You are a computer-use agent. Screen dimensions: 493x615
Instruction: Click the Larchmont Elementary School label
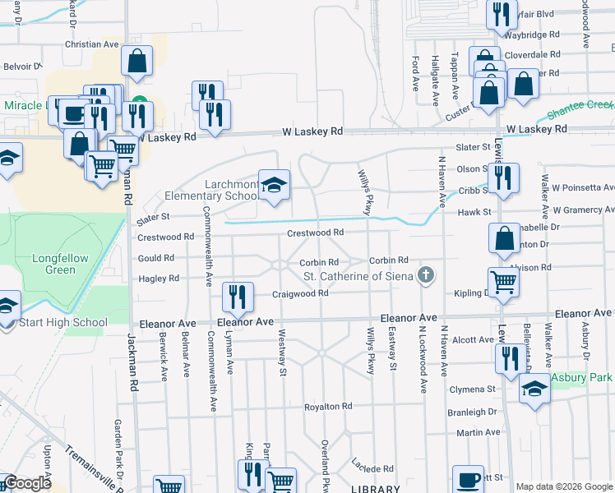coord(210,190)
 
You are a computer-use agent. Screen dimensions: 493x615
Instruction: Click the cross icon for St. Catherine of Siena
coord(425,274)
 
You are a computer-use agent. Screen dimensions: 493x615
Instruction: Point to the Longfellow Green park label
coord(60,264)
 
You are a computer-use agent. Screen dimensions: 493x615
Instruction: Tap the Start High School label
coord(62,322)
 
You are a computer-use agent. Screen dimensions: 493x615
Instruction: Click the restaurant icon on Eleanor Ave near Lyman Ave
coord(237,297)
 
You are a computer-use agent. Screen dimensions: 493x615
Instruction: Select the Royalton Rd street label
coord(328,406)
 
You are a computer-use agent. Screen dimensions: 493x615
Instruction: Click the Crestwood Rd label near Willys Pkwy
coord(315,233)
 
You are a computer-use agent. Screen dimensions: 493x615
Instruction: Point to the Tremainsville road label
coord(91,464)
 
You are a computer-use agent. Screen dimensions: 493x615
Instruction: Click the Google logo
coord(26,483)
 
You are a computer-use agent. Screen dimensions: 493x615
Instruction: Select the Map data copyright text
coord(564,486)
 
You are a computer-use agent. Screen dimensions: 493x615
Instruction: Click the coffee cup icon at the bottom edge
coord(469,479)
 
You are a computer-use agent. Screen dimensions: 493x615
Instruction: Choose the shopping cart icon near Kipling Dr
coord(503,282)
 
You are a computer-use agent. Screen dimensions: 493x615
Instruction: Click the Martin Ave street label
coord(478,432)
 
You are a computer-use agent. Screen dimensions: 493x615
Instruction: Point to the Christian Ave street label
coord(92,44)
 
